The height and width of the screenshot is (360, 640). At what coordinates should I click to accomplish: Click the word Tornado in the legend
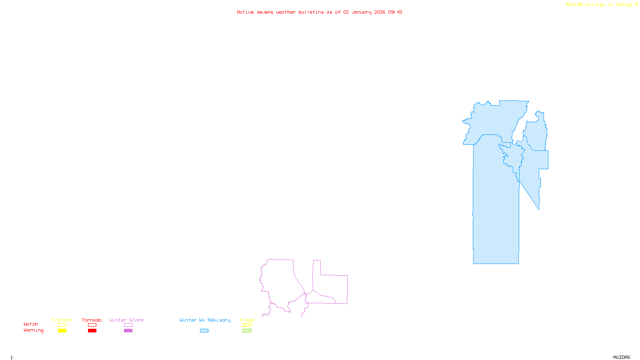92,320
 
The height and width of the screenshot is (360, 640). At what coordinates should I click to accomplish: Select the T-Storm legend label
62,320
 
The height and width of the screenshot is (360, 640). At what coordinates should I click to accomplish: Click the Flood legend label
247,320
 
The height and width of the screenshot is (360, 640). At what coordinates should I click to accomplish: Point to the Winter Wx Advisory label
205,320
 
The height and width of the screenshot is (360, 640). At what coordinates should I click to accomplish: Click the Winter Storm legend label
126,320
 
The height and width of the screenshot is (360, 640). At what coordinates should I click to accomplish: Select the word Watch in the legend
31,324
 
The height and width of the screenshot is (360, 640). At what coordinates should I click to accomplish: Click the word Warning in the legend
34,330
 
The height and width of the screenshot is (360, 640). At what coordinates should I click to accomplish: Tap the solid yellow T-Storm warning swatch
62,331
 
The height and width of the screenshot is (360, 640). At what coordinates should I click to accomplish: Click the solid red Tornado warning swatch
92,331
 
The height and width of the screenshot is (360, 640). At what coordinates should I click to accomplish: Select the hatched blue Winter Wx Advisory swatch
204,331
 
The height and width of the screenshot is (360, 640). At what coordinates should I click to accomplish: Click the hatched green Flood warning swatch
247,331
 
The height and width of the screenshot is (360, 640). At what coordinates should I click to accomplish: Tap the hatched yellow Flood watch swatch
247,325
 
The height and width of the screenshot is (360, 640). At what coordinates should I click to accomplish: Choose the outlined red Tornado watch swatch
92,325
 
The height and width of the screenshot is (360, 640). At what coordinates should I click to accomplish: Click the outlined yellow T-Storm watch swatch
62,325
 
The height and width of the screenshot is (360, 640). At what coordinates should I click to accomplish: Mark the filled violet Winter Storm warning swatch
128,331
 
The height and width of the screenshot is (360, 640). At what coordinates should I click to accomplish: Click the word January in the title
362,12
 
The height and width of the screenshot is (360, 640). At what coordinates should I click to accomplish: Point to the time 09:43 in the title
395,12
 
